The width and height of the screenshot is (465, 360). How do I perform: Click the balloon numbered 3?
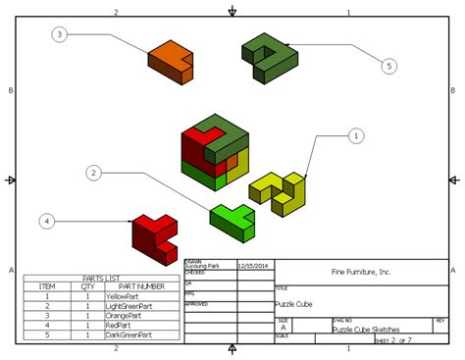click(60, 34)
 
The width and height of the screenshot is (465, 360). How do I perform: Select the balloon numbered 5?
click(388, 66)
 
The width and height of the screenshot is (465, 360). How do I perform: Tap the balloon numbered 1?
click(356, 136)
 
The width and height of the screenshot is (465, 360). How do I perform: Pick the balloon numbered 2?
click(94, 173)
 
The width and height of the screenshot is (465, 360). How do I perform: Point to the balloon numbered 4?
click(46, 222)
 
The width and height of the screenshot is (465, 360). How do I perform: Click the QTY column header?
click(88, 286)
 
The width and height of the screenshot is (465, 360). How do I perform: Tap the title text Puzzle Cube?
click(293, 304)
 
